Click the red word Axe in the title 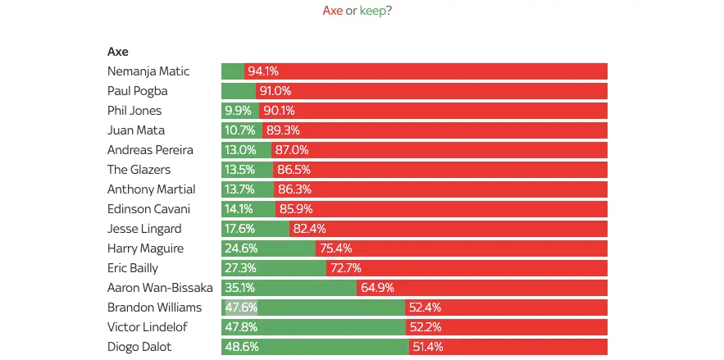333,11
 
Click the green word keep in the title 375,11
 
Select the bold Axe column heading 118,52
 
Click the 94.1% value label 263,71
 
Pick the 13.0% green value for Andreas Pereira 240,150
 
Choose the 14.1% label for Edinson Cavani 240,209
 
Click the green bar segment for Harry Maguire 268,248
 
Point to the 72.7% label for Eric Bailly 345,268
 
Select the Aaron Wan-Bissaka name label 160,288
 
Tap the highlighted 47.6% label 241,308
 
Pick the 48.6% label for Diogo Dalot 242,347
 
